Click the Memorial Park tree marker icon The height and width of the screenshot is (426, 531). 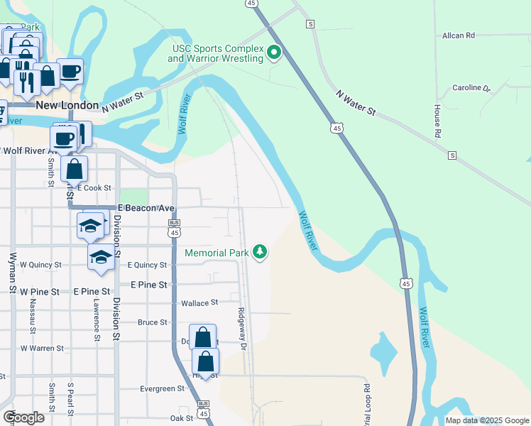click(261, 253)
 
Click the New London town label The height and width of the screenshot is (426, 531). click(67, 105)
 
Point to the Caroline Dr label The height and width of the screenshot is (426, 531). click(472, 88)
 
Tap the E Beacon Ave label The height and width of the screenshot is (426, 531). click(146, 207)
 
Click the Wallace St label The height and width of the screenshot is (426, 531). click(199, 303)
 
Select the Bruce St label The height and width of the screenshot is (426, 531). click(152, 322)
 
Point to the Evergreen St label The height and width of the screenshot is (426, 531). click(162, 389)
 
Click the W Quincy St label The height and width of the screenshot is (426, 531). click(40, 265)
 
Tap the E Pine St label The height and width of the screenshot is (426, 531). click(150, 284)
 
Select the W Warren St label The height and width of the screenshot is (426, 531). click(42, 349)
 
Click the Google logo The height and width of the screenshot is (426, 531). click(24, 417)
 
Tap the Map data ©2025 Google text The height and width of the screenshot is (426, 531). click(486, 420)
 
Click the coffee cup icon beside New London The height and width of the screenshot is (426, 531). click(70, 71)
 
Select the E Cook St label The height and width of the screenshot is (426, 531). click(94, 188)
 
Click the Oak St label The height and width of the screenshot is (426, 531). click(182, 418)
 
